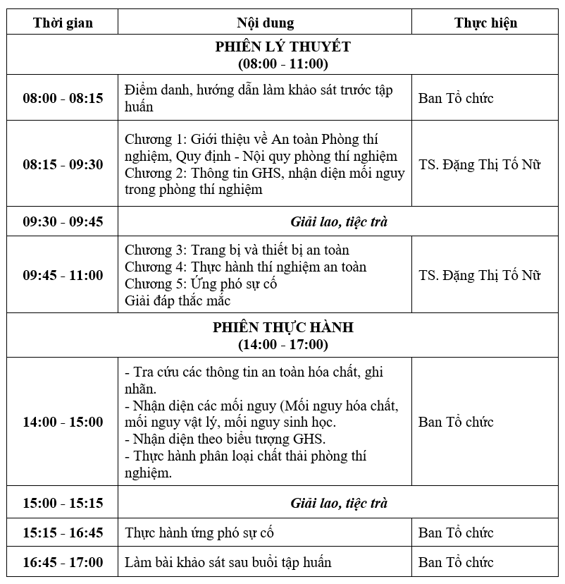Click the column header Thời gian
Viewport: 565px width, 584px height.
pyautogui.click(x=63, y=23)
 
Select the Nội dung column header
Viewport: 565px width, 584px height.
pyautogui.click(x=265, y=23)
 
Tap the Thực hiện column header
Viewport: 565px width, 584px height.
pyautogui.click(x=485, y=23)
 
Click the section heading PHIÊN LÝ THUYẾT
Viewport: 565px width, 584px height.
pyautogui.click(x=282, y=47)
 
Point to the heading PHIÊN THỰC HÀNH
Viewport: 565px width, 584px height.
pyautogui.click(x=282, y=328)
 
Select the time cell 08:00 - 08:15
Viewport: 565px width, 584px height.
pyautogui.click(x=63, y=98)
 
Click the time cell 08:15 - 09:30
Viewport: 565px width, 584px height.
pyautogui.click(x=63, y=164)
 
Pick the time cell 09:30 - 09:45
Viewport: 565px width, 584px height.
pyautogui.click(x=63, y=221)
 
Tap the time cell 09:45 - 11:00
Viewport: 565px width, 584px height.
pyautogui.click(x=63, y=275)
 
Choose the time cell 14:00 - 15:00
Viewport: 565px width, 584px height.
pyautogui.click(x=63, y=422)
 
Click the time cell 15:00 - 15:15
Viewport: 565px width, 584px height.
pyautogui.click(x=63, y=503)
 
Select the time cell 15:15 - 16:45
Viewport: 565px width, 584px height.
pyautogui.click(x=63, y=533)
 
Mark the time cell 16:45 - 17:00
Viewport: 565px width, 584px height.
pyautogui.click(x=63, y=562)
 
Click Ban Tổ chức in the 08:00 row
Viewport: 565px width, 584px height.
pyautogui.click(x=456, y=98)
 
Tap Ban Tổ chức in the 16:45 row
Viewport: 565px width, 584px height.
pyautogui.click(x=456, y=562)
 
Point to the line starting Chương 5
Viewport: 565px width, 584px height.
pyautogui.click(x=201, y=284)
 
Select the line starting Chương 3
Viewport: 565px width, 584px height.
pyautogui.click(x=237, y=250)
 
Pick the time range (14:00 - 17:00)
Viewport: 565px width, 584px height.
pyautogui.click(x=282, y=345)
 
